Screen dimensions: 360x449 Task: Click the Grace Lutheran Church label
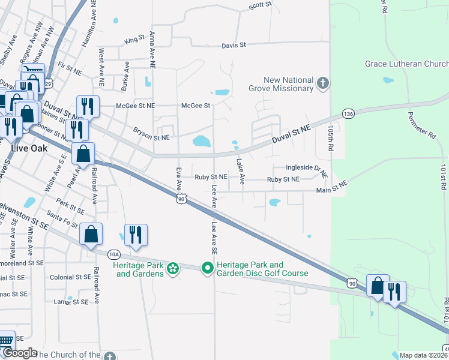[x=406, y=64]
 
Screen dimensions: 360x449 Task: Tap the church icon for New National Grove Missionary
[x=323, y=83]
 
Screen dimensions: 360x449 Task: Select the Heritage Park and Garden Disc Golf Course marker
[x=208, y=268]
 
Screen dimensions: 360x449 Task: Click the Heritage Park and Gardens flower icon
[x=173, y=268]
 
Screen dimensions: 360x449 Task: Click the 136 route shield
[x=348, y=113]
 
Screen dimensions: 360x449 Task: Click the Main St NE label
[x=332, y=190]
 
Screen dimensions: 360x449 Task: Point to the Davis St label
[x=234, y=45]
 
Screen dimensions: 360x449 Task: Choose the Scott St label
[x=260, y=5]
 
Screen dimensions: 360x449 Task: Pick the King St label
[x=134, y=40]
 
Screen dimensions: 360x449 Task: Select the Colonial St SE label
[x=70, y=277]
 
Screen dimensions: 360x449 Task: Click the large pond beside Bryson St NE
[x=202, y=142]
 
